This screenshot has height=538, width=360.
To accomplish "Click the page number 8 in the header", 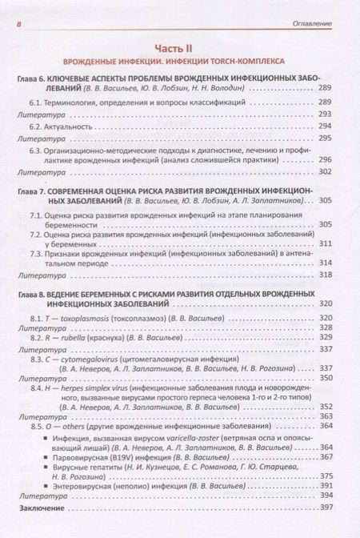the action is coord(18,24).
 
